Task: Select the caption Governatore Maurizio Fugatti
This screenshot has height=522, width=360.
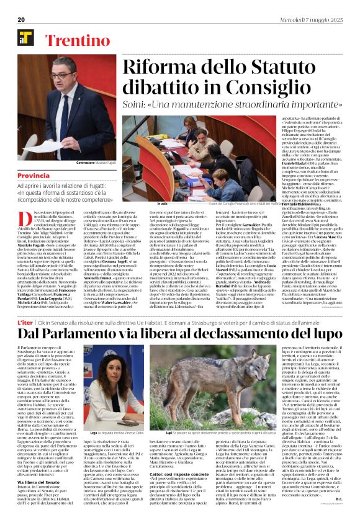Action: click(78, 163)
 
